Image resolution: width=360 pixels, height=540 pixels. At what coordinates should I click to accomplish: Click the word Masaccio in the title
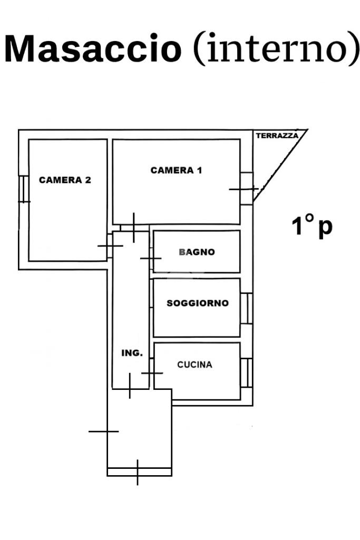point(93,48)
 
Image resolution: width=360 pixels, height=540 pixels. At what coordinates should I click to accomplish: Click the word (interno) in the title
point(276,48)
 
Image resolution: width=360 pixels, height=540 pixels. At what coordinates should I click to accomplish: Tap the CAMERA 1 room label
point(176,170)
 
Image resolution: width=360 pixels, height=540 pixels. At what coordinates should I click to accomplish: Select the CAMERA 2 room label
point(65,180)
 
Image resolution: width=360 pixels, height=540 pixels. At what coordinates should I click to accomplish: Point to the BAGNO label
point(197,252)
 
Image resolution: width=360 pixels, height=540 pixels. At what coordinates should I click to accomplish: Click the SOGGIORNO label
point(198,303)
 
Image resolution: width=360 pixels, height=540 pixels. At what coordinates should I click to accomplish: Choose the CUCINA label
point(194,365)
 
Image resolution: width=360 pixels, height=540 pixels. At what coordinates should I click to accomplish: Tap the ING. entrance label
point(132,353)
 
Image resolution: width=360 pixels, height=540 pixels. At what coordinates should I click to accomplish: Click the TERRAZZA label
point(277,136)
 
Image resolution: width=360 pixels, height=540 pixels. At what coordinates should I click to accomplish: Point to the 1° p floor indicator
point(312,226)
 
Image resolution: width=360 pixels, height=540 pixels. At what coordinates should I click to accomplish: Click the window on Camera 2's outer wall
point(23,189)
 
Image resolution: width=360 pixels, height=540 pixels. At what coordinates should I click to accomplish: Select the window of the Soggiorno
point(247,308)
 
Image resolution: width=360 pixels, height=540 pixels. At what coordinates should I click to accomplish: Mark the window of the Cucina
point(247,372)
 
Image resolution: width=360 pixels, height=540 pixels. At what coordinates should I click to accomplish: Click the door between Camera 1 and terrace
point(244,189)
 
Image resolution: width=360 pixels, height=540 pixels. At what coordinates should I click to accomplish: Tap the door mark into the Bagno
point(151,258)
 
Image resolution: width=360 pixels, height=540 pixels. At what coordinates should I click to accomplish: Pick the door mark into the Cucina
point(152,373)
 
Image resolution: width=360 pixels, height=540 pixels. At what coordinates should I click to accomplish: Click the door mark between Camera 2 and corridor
point(110,246)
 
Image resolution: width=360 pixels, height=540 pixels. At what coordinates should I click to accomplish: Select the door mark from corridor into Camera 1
point(134,228)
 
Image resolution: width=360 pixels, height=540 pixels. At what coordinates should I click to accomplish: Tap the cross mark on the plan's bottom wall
point(138,472)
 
